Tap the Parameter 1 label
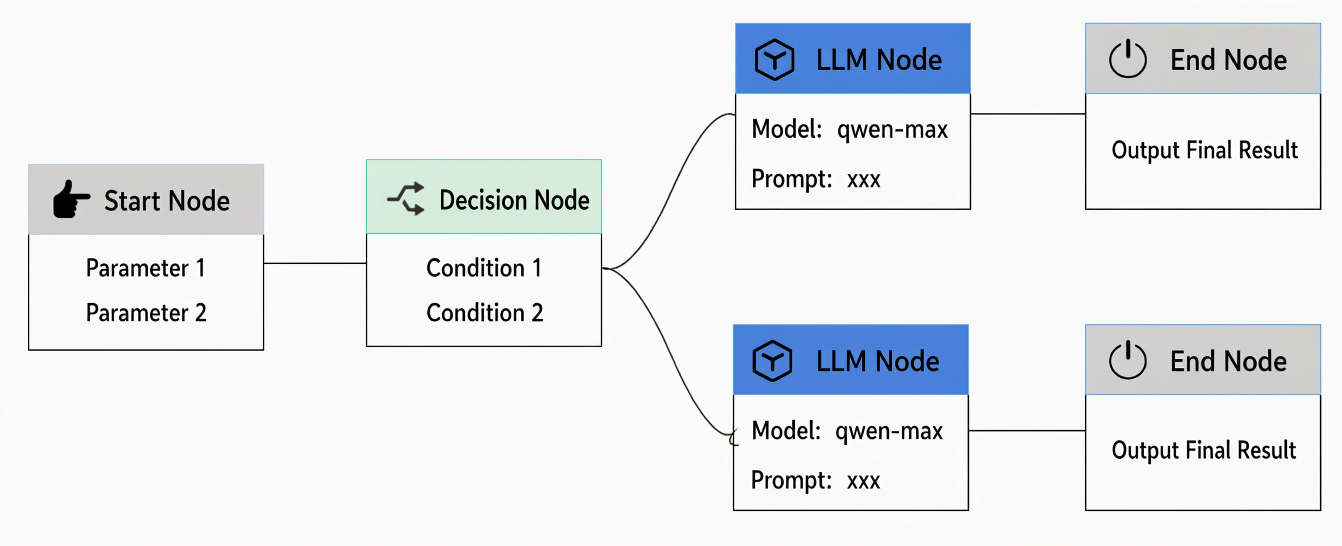point(145,268)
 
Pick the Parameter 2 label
point(146,312)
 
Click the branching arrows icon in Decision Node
point(406,198)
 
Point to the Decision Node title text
point(514,200)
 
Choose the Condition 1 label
point(484,268)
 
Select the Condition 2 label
point(485,312)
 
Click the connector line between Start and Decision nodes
point(315,263)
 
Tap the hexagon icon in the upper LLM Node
point(774,59)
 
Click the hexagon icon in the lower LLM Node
point(772,361)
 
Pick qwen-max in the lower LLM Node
point(889,431)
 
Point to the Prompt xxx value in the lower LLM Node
point(863,481)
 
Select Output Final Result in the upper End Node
point(1204,150)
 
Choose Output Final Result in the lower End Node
point(1204,450)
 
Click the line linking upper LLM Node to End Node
point(1028,114)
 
